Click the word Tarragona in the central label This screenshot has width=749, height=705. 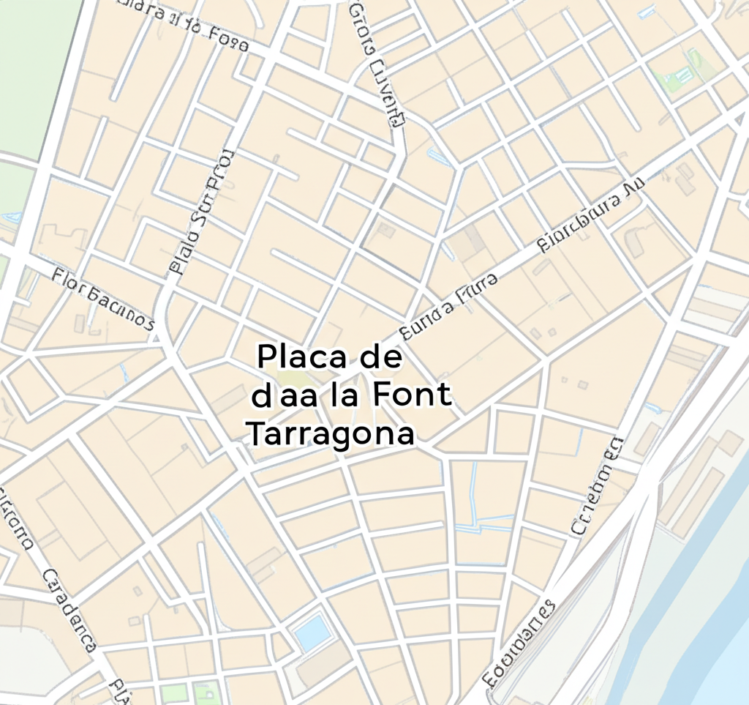pos(331,433)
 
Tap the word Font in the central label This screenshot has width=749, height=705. pos(412,395)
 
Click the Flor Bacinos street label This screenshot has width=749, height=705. pos(102,299)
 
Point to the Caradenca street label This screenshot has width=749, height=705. pos(70,611)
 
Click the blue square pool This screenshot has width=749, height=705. pos(312,631)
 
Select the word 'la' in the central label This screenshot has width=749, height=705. pos(344,395)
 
